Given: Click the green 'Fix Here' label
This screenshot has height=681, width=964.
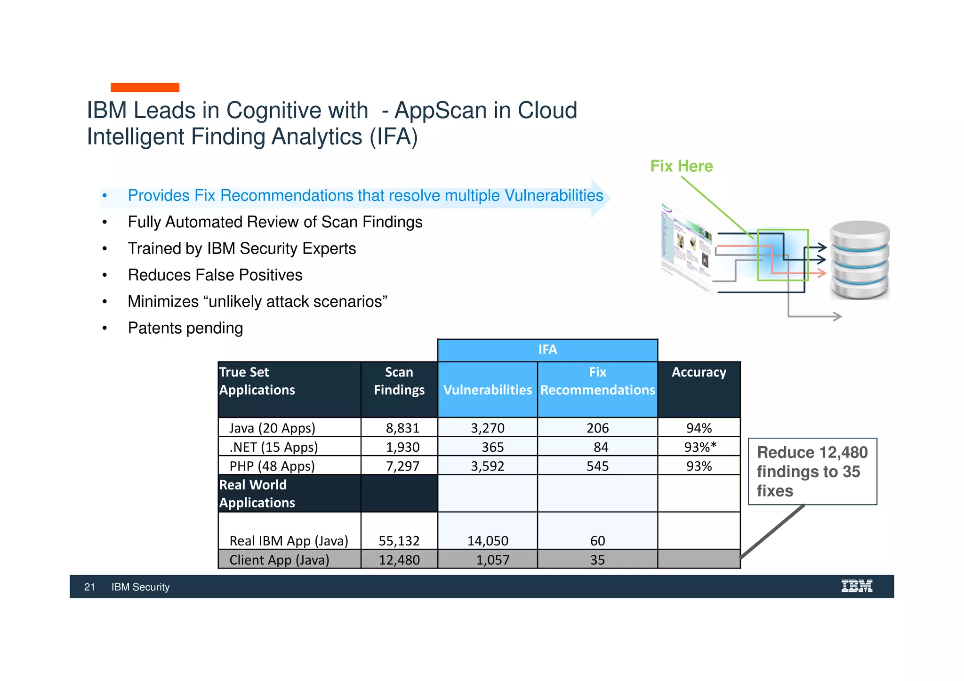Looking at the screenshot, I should coord(681,166).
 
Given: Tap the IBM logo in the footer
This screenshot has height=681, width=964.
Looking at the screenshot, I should coord(857,586).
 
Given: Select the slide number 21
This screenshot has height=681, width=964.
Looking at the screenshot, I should coord(89,587).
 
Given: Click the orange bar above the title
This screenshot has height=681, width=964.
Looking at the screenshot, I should coord(145,88).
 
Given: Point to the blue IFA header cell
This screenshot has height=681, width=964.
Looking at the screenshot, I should coord(547,350).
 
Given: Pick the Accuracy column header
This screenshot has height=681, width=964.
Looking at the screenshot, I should coord(699,372).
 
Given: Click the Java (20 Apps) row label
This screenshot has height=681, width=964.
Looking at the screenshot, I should coord(272,428).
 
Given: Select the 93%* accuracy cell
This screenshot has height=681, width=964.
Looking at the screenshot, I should coord(699,447).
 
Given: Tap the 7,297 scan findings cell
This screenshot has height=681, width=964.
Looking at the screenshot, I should coord(402,466).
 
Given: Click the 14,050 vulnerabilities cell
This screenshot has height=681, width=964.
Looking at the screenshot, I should coord(488,541).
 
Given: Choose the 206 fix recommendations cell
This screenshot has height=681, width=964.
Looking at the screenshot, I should coord(597,428).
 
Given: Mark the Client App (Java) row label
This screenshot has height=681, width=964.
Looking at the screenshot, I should coord(279,560).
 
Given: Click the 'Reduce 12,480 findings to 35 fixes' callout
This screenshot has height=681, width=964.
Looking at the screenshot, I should coord(812,471).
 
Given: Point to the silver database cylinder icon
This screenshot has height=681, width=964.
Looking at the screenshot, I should coord(859,260).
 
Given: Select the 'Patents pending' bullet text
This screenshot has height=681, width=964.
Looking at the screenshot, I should coord(185,328).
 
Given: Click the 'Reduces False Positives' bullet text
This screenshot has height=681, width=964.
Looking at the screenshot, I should coord(215,275).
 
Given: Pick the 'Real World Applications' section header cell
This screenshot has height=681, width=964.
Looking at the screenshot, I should coord(257,494).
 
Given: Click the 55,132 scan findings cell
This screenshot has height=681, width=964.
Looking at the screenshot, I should coord(399,541).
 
